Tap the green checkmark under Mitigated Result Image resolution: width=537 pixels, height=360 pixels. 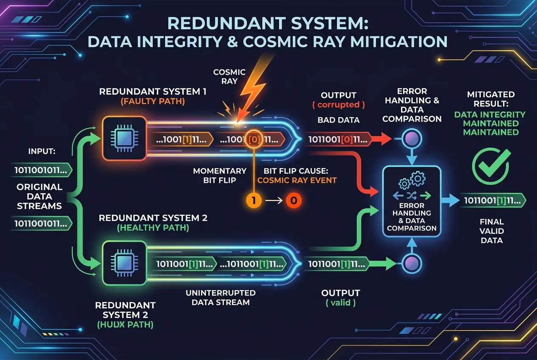(491, 166)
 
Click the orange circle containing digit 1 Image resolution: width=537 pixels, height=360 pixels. (254, 200)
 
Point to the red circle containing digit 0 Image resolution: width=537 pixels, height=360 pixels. (294, 200)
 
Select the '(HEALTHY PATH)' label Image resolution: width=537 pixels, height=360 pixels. (153, 228)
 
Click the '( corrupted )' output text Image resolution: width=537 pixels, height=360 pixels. (338, 105)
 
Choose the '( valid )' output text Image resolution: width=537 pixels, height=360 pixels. (340, 303)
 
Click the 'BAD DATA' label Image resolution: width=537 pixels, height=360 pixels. (338, 120)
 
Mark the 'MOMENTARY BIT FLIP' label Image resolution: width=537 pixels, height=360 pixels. (220, 175)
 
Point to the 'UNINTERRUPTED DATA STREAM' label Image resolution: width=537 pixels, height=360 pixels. (220, 298)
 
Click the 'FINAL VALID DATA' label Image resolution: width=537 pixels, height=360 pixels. (492, 231)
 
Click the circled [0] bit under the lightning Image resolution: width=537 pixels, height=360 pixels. (254, 139)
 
